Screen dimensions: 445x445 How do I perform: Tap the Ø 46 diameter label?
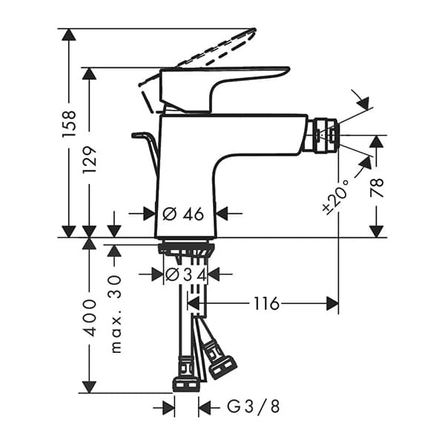tap(182, 214)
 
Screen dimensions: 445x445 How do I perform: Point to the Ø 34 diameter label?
tap(185, 274)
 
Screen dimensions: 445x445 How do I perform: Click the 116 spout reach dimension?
tap(265, 303)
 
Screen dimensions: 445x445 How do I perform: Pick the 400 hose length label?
tap(90, 317)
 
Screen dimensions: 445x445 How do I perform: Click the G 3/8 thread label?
tap(243, 406)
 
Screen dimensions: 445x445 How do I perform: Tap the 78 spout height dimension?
tap(377, 186)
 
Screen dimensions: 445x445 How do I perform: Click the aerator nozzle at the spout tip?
tap(323, 134)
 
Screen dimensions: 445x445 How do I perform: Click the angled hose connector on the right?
tap(221, 364)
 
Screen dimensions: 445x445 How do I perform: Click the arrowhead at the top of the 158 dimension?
tap(68, 34)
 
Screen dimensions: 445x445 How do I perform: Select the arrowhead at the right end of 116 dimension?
tap(332, 303)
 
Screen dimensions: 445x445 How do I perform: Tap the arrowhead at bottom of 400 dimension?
tap(90, 386)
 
